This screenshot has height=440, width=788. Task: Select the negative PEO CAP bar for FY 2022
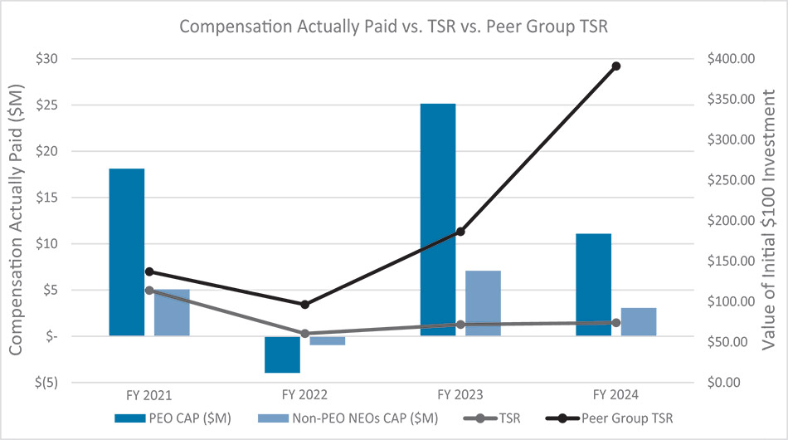coord(282,354)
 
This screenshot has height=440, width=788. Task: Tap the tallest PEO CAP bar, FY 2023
coord(437,220)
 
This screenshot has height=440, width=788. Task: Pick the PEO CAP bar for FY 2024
coord(593,285)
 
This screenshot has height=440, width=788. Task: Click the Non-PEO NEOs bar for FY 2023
coord(483,303)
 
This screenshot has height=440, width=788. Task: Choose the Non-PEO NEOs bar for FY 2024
coord(639,321)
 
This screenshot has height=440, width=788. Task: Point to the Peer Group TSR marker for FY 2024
coord(615,66)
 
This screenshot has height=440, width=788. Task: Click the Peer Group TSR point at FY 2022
coord(304,305)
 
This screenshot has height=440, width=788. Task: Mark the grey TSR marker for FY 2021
coord(149,291)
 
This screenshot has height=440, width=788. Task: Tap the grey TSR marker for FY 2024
coord(615,323)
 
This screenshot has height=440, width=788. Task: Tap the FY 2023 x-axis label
coord(460,394)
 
